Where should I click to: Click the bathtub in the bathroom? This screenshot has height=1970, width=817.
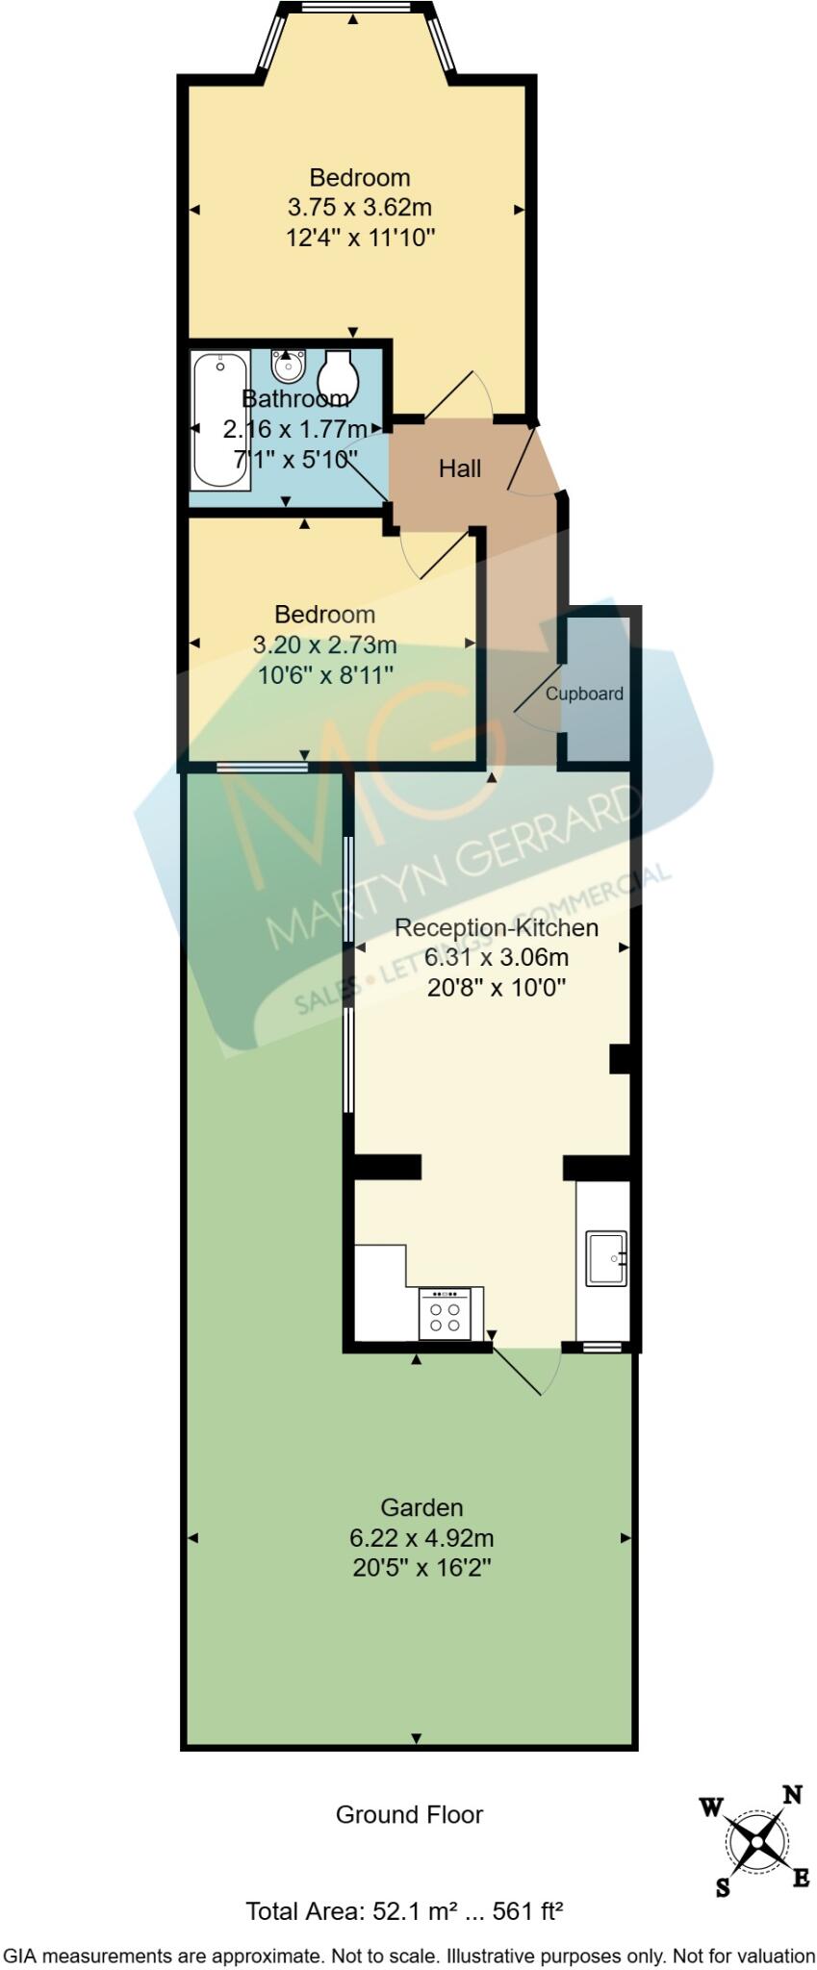coord(220,420)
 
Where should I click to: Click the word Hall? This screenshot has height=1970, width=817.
coord(460,468)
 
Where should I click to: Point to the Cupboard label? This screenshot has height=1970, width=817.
coord(584,694)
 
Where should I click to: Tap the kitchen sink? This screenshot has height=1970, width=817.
coord(606,1257)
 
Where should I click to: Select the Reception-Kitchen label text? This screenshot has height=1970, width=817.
coord(497,927)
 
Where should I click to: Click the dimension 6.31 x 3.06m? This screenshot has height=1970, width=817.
coord(497,957)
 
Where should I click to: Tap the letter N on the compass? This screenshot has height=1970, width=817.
coord(792,1794)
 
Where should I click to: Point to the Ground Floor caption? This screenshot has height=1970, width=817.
coord(409,1815)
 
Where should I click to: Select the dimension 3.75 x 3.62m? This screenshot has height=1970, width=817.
coord(360,207)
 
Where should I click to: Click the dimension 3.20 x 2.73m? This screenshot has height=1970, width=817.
coord(324,644)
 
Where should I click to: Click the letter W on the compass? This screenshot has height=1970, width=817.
coord(711,1807)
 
